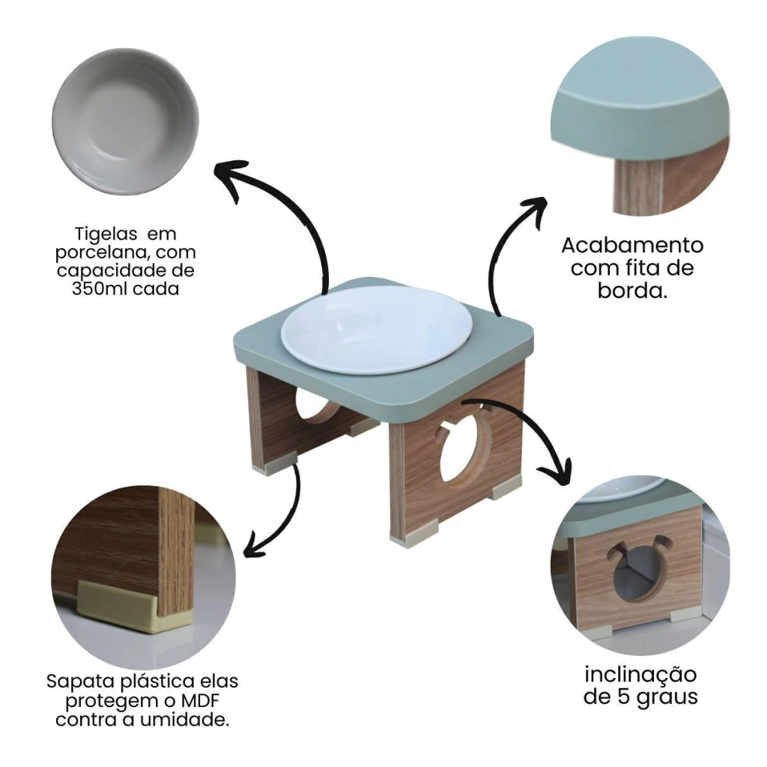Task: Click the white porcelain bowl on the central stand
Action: pyautogui.click(x=377, y=330)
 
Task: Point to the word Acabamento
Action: pyautogui.click(x=632, y=245)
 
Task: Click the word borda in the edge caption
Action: pyautogui.click(x=629, y=291)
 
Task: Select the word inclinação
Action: pyautogui.click(x=640, y=676)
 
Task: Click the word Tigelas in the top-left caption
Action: pyautogui.click(x=106, y=234)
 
